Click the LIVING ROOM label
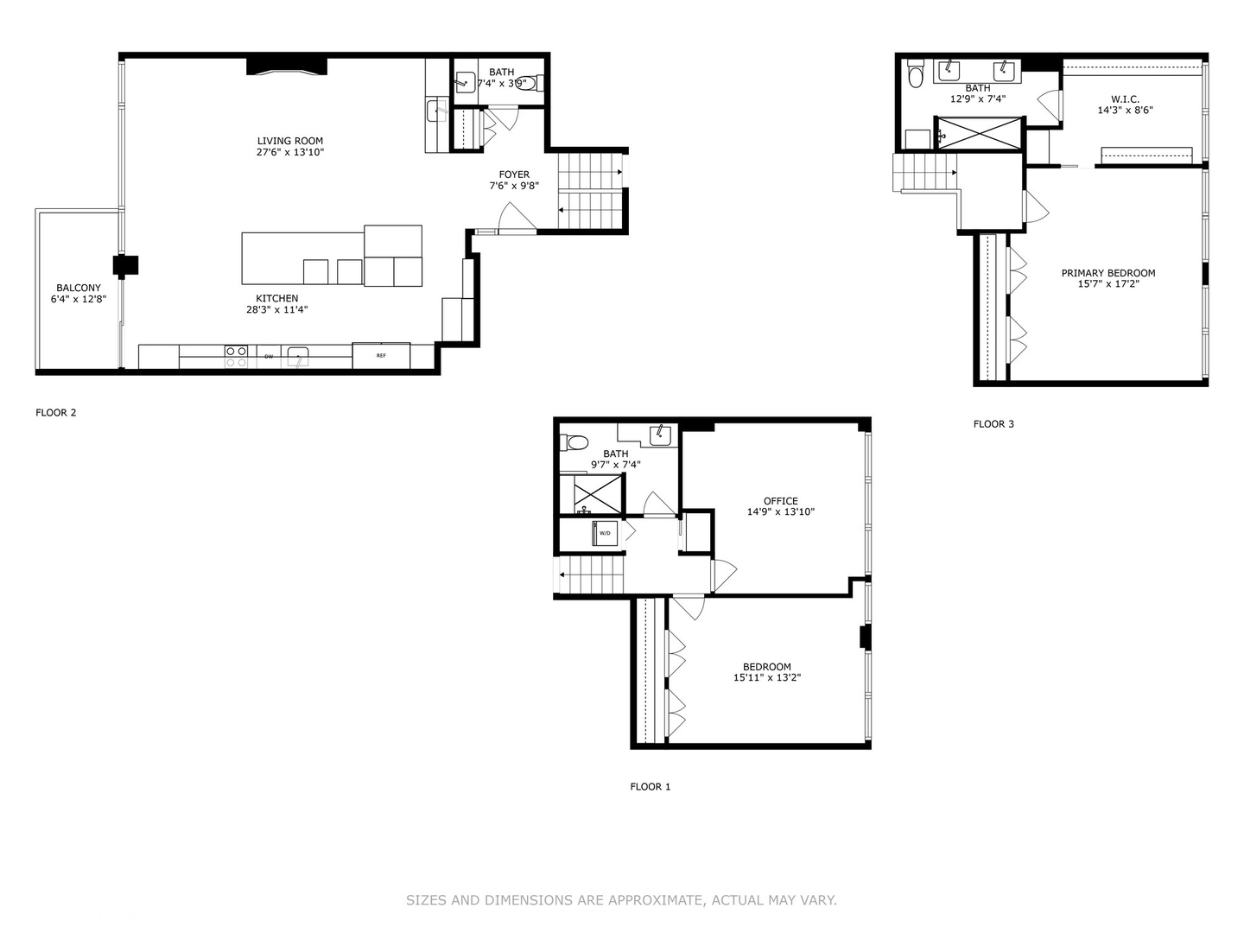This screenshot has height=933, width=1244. tap(290, 141)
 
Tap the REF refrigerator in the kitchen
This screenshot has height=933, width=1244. tap(381, 355)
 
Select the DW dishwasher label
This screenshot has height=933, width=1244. tap(269, 356)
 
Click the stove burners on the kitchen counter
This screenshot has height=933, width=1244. tap(236, 356)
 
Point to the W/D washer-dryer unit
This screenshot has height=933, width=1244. tap(605, 533)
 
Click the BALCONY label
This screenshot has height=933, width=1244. tap(79, 288)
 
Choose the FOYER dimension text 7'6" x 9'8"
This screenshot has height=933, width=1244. tap(514, 186)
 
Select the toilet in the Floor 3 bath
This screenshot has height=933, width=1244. tap(916, 77)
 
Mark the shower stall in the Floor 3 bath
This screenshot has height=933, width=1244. tap(979, 134)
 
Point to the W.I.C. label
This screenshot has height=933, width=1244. tap(1125, 99)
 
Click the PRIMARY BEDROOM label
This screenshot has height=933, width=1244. tap(1108, 273)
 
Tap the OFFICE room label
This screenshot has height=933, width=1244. tap(780, 501)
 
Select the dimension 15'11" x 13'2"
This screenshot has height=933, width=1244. tap(767, 678)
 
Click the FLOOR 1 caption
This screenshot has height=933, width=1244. tap(650, 787)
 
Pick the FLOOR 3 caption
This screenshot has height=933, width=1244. tap(993, 424)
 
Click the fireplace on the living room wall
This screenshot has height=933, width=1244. tap(288, 67)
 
